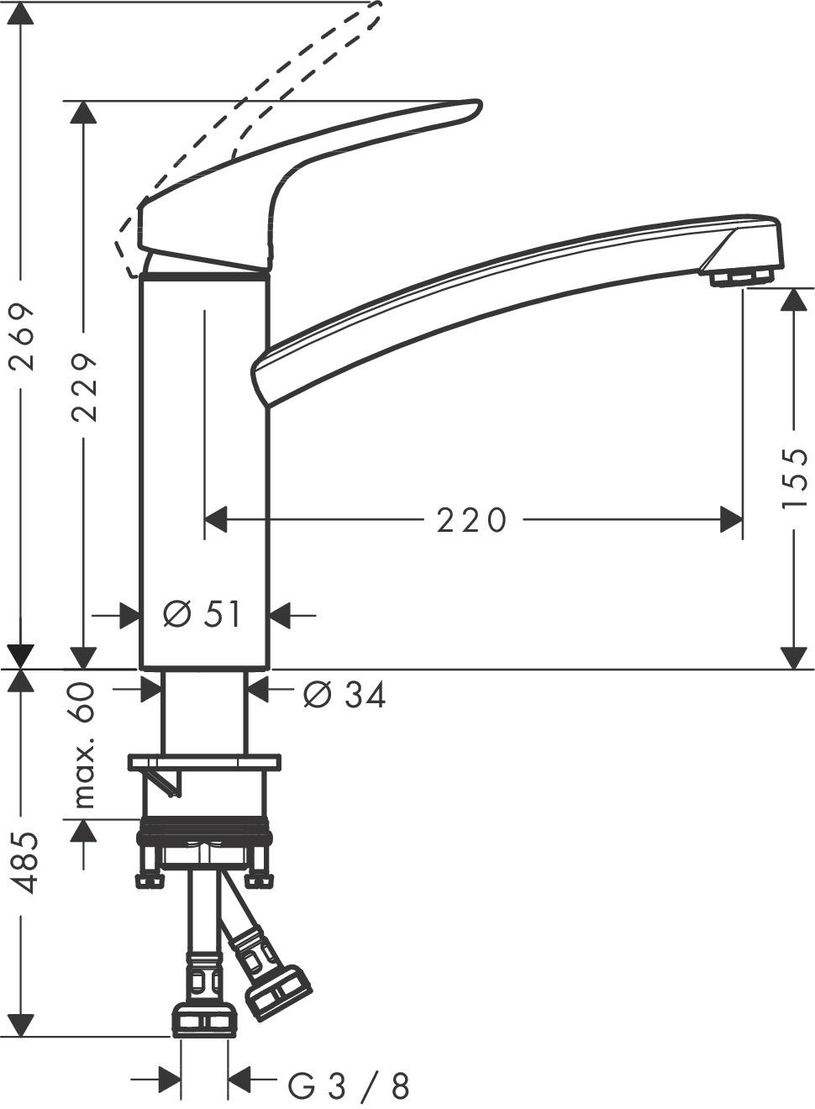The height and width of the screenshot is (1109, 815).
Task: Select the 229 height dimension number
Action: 84,386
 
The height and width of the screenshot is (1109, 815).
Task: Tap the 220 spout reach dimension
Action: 472,521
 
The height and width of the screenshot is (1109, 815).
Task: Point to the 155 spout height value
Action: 794,479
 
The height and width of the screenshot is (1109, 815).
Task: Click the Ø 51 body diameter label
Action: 202,616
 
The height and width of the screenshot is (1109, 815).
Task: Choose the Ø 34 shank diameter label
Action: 344,695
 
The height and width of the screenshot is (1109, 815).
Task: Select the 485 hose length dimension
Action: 22,862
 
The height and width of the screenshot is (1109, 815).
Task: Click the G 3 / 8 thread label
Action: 349,1087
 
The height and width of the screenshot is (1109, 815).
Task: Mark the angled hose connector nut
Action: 278,991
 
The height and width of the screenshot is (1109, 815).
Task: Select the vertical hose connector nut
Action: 204,1019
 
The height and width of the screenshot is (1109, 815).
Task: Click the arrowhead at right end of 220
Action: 732,520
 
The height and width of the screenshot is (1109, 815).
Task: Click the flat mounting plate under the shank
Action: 204,762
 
